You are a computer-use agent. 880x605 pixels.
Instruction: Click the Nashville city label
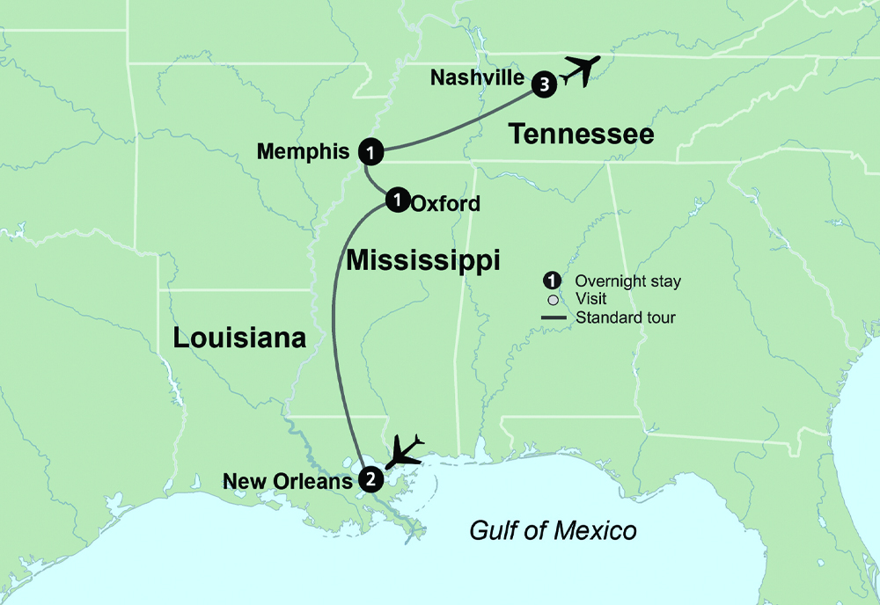477,78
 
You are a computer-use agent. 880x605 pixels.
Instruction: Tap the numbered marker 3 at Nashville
545,84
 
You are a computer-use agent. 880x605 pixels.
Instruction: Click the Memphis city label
303,152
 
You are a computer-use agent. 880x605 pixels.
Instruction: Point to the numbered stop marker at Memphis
371,152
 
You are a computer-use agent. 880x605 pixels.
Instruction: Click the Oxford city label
446,204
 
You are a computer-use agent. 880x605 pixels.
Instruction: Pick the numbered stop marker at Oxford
398,200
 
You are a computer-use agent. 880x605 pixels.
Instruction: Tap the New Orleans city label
287,481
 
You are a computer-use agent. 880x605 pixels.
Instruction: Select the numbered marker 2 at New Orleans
370,480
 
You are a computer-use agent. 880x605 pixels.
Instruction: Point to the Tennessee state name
582,134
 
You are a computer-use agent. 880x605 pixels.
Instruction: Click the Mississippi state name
423,260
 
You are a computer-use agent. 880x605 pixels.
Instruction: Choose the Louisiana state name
239,338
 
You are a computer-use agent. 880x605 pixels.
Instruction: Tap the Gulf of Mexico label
553,531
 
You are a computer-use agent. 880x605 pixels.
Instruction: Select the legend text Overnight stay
627,282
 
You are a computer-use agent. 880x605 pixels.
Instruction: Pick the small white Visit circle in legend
553,300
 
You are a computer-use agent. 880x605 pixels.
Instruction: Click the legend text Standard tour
625,317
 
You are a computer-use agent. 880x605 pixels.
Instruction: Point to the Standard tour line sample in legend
553,317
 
